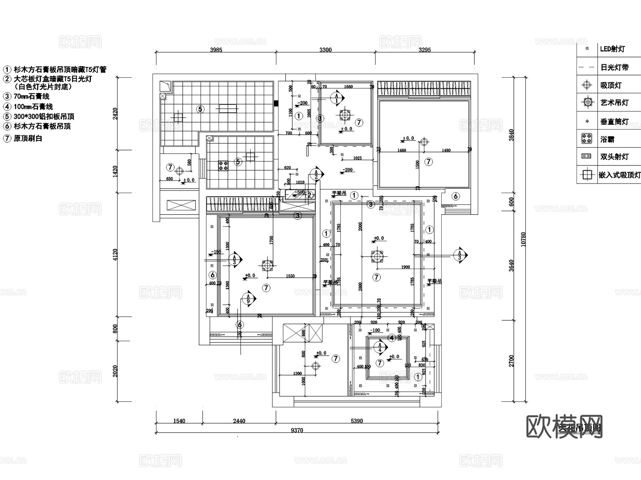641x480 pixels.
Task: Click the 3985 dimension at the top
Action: [x=216, y=50]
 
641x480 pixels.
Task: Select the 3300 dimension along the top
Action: [x=325, y=50]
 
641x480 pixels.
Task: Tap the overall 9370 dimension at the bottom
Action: [x=297, y=430]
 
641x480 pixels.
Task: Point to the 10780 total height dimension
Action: [x=523, y=239]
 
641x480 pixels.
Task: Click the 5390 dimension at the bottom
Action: [x=356, y=421]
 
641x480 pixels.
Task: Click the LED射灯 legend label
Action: [x=612, y=49]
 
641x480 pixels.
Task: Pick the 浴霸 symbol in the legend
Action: [x=587, y=139]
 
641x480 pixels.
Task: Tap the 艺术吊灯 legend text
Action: [x=614, y=103]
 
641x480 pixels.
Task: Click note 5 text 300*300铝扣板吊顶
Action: [x=44, y=117]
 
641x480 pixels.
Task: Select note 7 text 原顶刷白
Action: [x=28, y=138]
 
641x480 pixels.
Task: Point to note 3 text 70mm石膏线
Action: [x=31, y=97]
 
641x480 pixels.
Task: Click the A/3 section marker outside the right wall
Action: [x=460, y=255]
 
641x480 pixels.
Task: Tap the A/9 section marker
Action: [x=249, y=299]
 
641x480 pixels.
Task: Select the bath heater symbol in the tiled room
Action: [x=223, y=165]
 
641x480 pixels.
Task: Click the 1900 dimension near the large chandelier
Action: [x=405, y=267]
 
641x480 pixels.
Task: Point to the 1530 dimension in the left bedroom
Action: [x=290, y=276]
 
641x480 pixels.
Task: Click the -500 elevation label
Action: [x=300, y=192]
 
